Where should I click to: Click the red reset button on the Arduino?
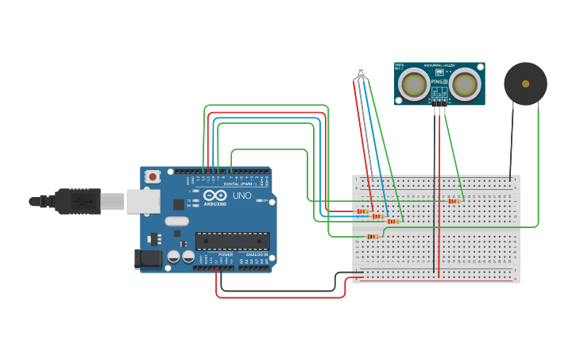(151, 176)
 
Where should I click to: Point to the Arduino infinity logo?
(215, 195)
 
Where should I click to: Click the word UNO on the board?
(242, 195)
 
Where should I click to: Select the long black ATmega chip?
(232, 240)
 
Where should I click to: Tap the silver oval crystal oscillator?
(177, 222)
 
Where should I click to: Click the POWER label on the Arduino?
(225, 254)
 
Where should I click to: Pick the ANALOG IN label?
(256, 254)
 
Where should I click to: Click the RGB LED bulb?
(361, 72)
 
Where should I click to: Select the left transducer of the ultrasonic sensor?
(413, 83)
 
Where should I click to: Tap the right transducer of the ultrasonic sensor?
(466, 83)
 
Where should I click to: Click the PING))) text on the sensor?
(439, 81)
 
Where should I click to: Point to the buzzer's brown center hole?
(525, 83)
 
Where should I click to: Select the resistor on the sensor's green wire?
(454, 201)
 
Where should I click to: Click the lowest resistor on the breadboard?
(373, 236)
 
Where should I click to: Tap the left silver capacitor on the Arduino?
(173, 257)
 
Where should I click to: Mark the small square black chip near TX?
(179, 204)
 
